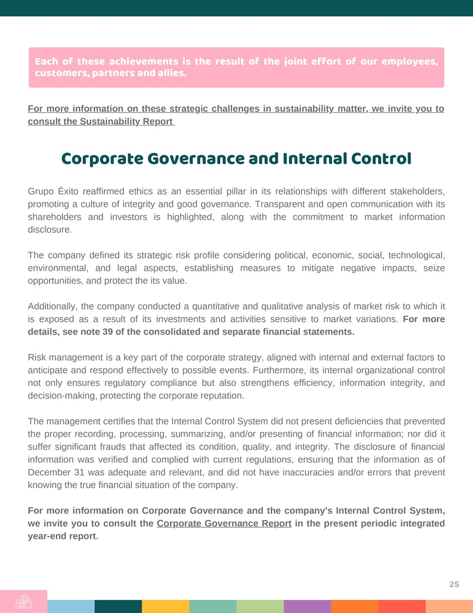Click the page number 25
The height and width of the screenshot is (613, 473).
[454, 584]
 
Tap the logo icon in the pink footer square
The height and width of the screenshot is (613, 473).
[23, 602]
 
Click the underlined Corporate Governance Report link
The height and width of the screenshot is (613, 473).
[224, 523]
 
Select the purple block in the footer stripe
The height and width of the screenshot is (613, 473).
[307, 606]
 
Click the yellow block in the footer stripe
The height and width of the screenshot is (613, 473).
[165, 606]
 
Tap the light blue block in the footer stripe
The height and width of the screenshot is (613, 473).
[71, 606]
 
